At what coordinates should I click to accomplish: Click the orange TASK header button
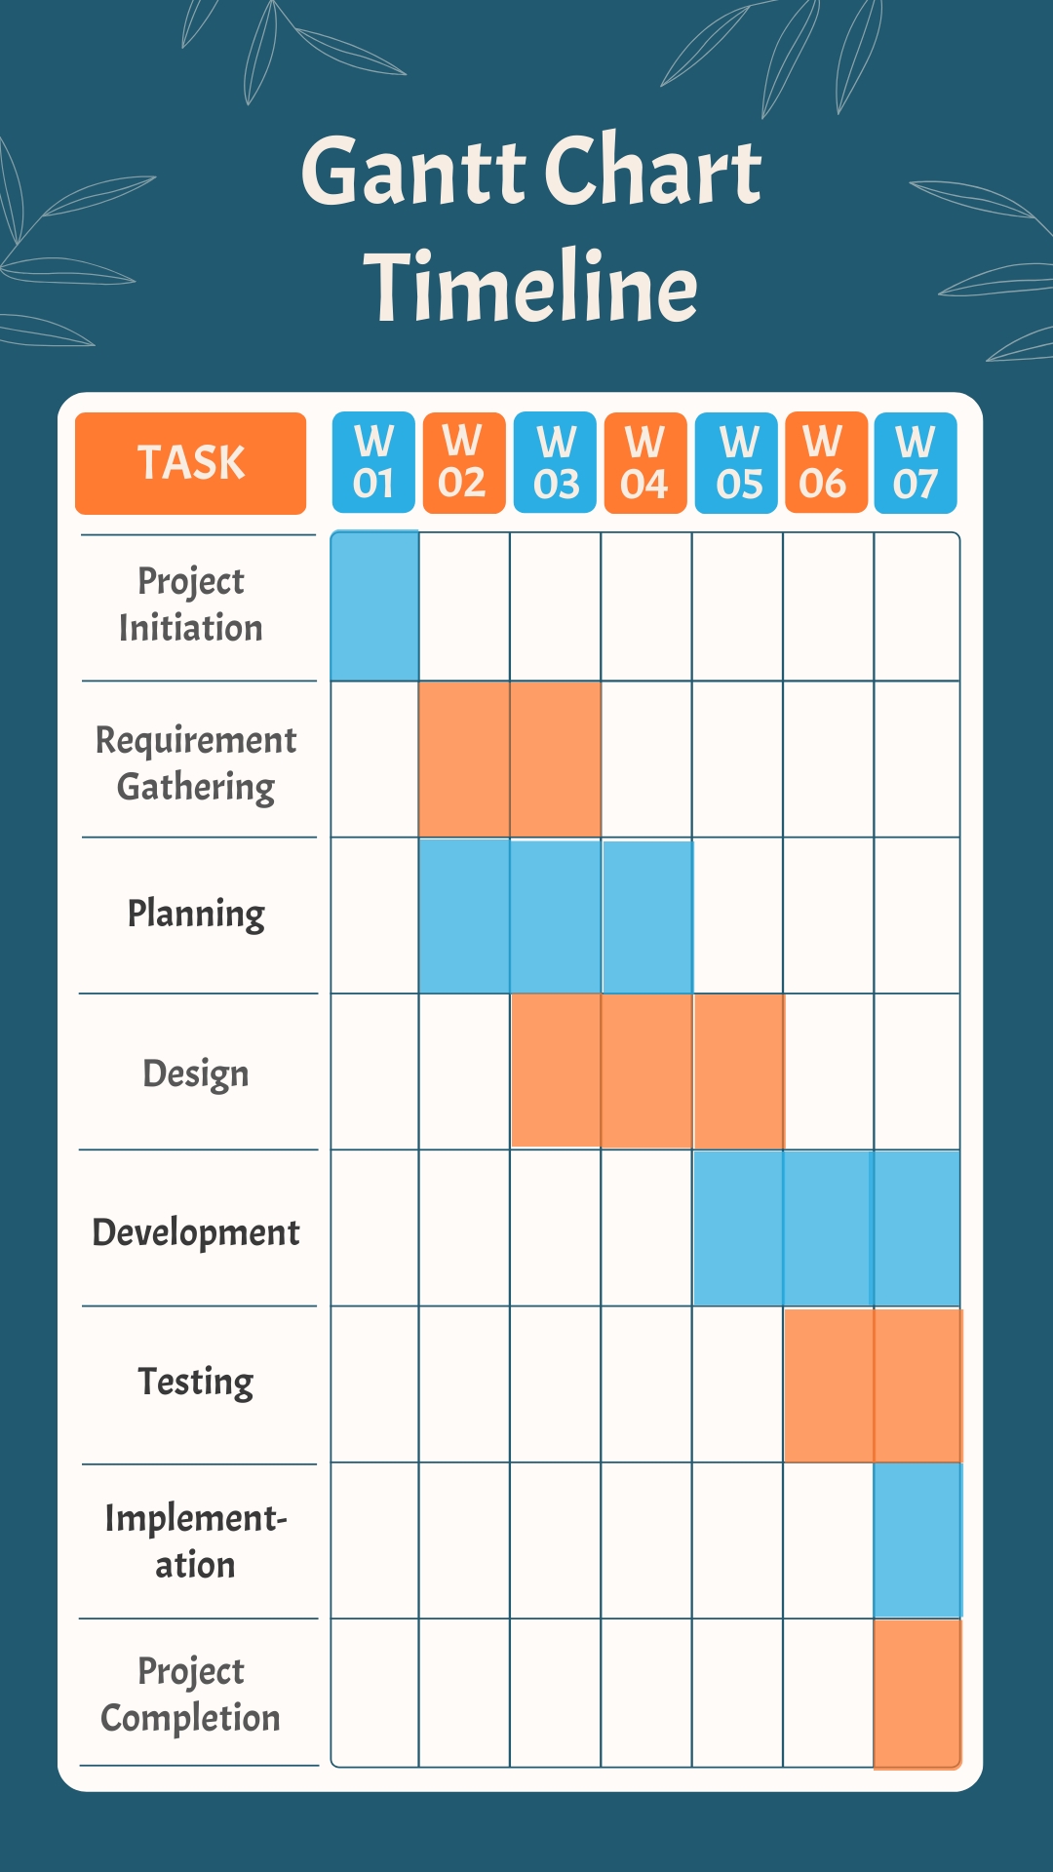pos(190,463)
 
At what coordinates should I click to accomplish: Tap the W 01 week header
pos(373,463)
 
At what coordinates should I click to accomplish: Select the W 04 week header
pos(645,463)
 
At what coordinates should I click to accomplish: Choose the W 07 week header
pos(915,463)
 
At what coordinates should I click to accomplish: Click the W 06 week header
pos(825,463)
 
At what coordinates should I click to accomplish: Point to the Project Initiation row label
pos(191,604)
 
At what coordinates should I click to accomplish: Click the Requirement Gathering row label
pos(196,762)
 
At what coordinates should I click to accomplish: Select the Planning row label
pos(196,915)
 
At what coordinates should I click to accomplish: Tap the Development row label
pos(196,1232)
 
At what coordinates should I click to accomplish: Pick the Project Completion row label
pos(191,1695)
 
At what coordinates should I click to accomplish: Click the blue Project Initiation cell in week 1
pos(374,606)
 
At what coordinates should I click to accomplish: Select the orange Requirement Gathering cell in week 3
pos(555,759)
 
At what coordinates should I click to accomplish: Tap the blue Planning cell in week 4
pos(646,916)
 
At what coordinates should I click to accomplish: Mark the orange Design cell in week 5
pos(738,1071)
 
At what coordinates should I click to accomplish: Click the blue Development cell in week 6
pos(828,1228)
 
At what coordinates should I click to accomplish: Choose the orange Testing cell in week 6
pos(828,1384)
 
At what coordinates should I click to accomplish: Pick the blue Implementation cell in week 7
pos(916,1540)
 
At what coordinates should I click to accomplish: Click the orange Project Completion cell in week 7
pos(916,1694)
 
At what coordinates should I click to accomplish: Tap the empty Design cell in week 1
pos(374,1072)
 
